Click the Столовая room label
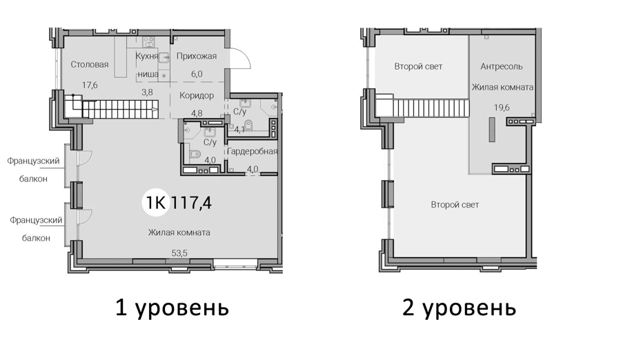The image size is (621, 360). coord(90,65)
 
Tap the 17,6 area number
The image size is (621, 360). coord(90,85)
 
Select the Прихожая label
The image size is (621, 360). coord(197,57)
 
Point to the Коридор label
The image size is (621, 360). coord(197,95)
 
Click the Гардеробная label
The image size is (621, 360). coord(253,151)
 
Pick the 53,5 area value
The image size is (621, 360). coord(179,253)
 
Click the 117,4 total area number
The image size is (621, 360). coord(192,203)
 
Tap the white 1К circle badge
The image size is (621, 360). coord(156,202)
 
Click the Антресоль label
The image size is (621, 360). coord(502,66)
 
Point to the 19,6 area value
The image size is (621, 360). coord(502,108)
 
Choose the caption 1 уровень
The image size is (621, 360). coord(172,308)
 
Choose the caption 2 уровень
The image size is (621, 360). coord(459,308)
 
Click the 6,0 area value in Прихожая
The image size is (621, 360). coord(197,74)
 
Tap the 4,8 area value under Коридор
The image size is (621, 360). coord(197,113)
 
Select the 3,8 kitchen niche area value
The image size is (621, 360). coord(148,92)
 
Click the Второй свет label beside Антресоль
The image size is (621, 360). coord(418,66)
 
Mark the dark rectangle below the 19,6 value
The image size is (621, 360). coord(492,130)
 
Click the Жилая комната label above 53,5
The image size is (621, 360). coord(179,232)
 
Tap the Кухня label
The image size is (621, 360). coord(146,57)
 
